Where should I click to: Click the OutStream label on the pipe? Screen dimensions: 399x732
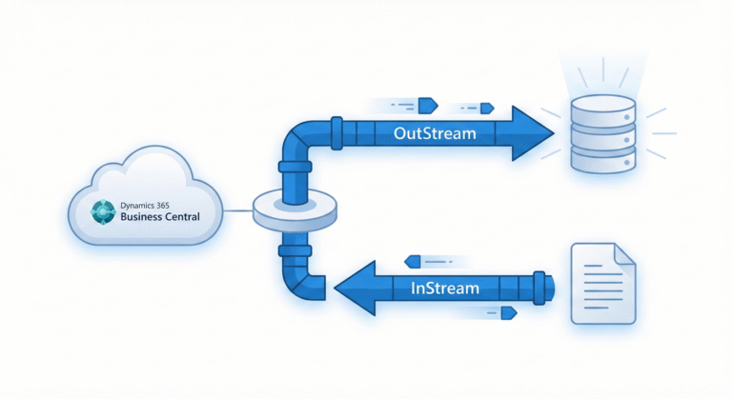tap(434, 133)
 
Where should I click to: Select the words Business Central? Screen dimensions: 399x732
tap(158, 217)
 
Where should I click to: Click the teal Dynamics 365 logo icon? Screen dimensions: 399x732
tap(101, 211)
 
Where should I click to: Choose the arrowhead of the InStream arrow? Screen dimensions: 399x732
tap(354, 287)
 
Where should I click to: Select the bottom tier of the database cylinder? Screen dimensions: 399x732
tap(601, 162)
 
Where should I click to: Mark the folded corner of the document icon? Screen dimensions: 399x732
tap(623, 254)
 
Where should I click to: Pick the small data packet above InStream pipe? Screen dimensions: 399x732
tap(413, 259)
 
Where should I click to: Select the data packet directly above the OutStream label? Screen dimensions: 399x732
tap(425, 100)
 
